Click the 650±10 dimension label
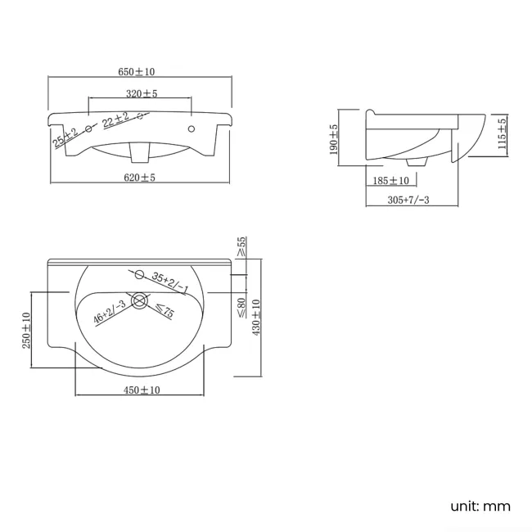click(x=137, y=71)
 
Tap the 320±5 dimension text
click(x=142, y=93)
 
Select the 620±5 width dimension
click(x=139, y=178)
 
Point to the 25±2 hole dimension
click(x=65, y=137)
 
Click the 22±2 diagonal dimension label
click(x=116, y=119)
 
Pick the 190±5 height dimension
click(x=334, y=139)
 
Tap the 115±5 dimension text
click(x=503, y=133)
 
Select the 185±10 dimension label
click(x=391, y=181)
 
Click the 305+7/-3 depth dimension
click(x=408, y=200)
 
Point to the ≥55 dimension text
click(x=242, y=246)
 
